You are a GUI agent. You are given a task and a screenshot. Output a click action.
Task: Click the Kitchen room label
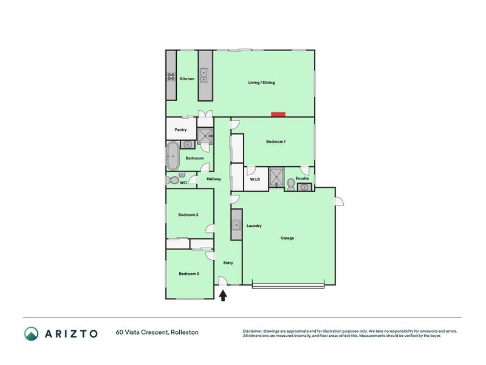tap(187, 79)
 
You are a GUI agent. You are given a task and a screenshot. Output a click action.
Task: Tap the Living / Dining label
tap(261, 83)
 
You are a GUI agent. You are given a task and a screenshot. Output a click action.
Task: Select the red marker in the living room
tap(278, 114)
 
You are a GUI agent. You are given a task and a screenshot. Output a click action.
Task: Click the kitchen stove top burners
tap(171, 77)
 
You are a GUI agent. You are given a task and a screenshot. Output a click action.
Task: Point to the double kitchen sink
tap(204, 75)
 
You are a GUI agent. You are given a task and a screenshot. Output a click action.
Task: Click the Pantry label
tap(180, 130)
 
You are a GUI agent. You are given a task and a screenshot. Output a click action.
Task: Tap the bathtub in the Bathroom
tap(173, 156)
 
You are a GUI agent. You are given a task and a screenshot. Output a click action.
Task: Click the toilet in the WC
tap(173, 180)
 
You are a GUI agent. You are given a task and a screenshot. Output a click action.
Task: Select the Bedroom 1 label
tap(276, 142)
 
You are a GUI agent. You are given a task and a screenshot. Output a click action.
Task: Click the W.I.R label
tap(255, 179)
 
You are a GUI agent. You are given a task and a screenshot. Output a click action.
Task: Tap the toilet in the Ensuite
tap(291, 184)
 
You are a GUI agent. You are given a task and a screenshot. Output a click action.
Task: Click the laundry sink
tap(236, 225)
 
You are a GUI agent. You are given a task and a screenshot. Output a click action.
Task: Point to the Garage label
tap(287, 238)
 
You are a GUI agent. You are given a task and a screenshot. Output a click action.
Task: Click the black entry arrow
tap(223, 296)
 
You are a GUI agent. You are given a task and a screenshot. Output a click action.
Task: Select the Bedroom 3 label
tap(189, 274)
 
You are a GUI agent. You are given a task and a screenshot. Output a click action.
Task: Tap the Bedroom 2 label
tap(188, 215)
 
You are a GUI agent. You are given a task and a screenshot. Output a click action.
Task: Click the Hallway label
tap(214, 179)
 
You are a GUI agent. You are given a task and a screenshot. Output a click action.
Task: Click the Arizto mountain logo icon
tap(32, 333)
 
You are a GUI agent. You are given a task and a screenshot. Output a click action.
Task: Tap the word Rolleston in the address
tap(185, 332)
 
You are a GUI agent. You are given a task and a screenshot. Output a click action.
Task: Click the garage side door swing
tap(340, 201)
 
